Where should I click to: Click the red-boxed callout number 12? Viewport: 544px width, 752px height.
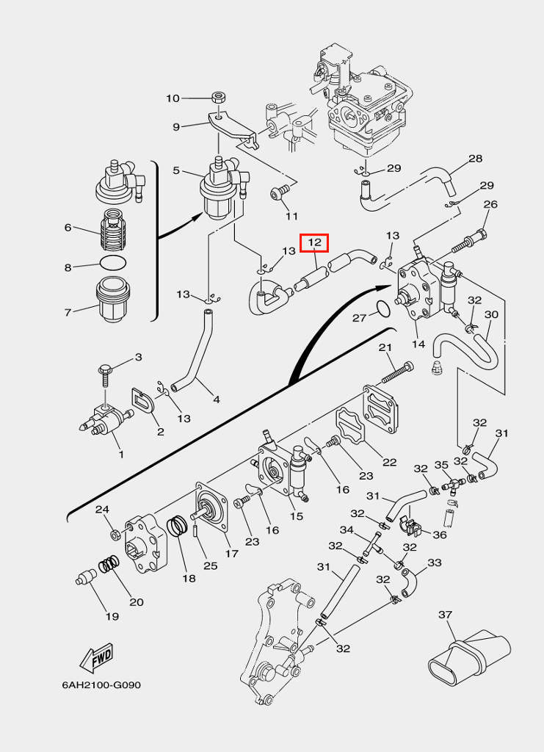pos(314,243)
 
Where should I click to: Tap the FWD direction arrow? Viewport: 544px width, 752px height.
pos(96,658)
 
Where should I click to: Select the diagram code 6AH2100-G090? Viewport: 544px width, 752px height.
pos(101,685)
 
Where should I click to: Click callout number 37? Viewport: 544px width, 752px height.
pos(446,615)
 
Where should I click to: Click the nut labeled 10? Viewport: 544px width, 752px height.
pos(219,98)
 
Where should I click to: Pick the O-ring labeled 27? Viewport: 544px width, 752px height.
pos(383,309)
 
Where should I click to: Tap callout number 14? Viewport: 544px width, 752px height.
pos(418,344)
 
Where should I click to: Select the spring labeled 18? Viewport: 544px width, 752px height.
pos(178,527)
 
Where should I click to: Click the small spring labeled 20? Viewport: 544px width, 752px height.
pos(109,566)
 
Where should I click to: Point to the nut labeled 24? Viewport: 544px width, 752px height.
pos(115,533)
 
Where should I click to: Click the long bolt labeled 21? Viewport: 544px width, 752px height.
pos(398,373)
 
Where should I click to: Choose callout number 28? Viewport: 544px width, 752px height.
pos(475,159)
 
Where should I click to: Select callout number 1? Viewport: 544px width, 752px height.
pos(121,453)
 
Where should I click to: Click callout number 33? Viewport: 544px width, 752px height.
pos(434,562)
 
